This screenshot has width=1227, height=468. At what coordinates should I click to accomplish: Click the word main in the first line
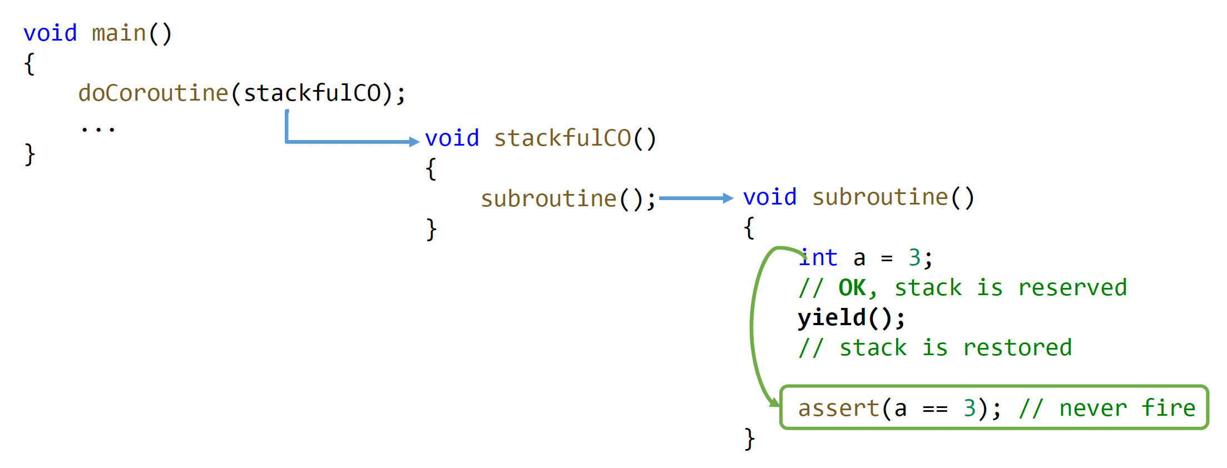click(x=118, y=33)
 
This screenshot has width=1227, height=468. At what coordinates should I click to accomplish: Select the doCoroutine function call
click(x=153, y=93)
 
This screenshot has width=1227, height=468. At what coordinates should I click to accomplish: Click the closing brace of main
click(x=30, y=155)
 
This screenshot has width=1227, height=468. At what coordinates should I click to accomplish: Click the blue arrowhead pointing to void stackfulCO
click(x=414, y=142)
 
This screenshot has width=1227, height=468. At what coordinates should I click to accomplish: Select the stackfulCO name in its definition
click(x=562, y=138)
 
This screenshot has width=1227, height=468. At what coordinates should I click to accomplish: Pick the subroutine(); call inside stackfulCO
click(x=568, y=198)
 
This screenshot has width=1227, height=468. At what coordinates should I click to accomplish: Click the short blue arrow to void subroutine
click(x=695, y=198)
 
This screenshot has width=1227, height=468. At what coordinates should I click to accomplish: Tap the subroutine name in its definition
click(x=880, y=197)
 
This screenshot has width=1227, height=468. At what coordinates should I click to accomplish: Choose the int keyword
click(x=818, y=258)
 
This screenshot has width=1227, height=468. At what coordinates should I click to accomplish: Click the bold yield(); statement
click(x=851, y=318)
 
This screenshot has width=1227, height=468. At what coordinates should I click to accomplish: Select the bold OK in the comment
click(x=853, y=288)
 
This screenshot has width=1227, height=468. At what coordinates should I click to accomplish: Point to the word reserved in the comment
click(x=1072, y=288)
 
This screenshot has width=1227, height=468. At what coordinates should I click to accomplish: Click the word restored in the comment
click(x=1017, y=348)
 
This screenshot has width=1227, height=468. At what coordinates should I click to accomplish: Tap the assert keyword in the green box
click(x=838, y=409)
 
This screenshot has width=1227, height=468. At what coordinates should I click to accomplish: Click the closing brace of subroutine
click(x=750, y=439)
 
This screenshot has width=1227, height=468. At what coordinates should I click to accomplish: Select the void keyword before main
click(x=50, y=33)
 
